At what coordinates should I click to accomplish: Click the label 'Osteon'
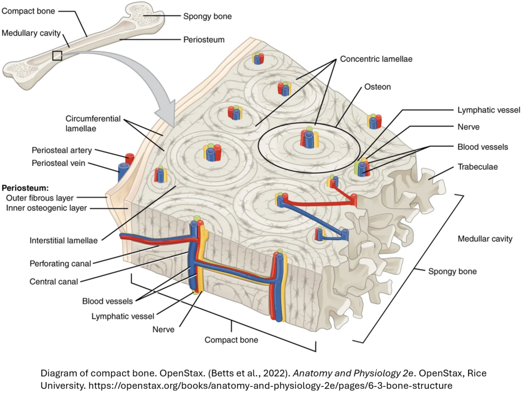(x=377, y=87)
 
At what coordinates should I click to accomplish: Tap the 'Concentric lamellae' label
(x=376, y=59)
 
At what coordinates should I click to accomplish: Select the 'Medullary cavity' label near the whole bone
(x=31, y=33)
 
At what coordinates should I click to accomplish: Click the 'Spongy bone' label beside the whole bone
(x=207, y=16)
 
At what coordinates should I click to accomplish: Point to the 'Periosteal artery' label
(x=62, y=150)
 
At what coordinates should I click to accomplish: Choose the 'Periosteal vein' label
(x=58, y=163)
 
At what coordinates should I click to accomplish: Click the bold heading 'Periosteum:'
(x=25, y=187)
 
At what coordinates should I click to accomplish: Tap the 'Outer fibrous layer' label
(x=40, y=197)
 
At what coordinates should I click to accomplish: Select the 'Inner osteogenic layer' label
(x=46, y=208)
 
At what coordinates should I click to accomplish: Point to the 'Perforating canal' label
(x=60, y=264)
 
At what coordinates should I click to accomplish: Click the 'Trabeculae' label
(x=478, y=166)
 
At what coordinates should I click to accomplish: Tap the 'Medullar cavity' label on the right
(x=485, y=239)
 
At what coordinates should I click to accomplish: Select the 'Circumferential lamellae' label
(x=93, y=123)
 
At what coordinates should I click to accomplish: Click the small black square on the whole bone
(x=57, y=56)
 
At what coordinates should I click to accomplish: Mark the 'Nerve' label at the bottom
(x=163, y=329)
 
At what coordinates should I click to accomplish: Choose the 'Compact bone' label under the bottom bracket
(x=231, y=339)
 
